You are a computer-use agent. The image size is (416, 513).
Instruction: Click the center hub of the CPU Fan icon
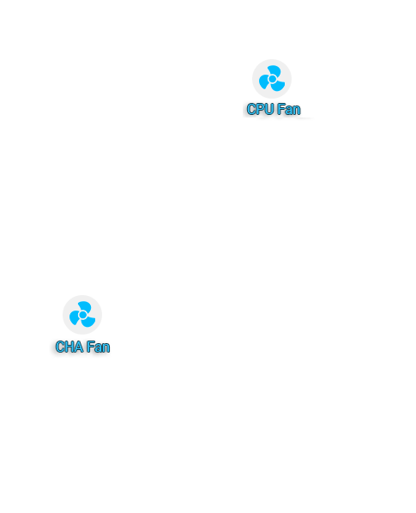click(272, 79)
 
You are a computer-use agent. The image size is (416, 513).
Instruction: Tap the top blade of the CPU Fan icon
click(275, 70)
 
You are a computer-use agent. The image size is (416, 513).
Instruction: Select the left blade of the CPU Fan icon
click(264, 81)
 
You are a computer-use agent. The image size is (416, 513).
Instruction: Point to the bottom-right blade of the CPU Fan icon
click(278, 86)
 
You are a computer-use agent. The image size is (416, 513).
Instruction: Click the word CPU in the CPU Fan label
click(260, 109)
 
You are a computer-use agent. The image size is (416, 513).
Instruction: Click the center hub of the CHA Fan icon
click(82, 315)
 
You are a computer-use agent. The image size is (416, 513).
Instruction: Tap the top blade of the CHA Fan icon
click(86, 306)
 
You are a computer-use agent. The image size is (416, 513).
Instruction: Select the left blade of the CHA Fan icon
click(75, 317)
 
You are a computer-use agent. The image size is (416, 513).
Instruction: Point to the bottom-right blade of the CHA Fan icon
click(88, 322)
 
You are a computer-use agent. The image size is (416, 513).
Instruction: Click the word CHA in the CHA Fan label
click(69, 347)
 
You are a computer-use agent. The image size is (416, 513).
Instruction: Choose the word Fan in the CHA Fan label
click(98, 347)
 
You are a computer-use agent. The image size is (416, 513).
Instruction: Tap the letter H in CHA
click(70, 347)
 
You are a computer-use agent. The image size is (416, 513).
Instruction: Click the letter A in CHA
click(79, 347)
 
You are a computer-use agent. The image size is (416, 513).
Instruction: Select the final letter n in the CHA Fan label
click(106, 348)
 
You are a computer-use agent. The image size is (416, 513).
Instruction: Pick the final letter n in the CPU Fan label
click(297, 111)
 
